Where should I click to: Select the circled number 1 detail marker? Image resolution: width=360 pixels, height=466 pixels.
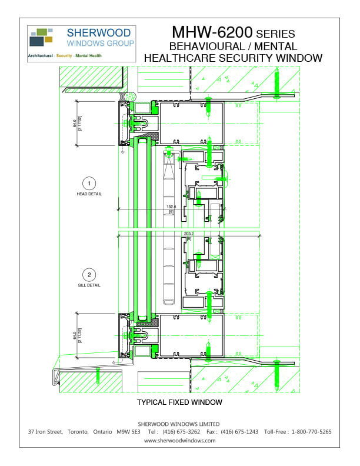click(x=89, y=182)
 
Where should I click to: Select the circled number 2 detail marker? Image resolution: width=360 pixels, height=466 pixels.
click(x=89, y=274)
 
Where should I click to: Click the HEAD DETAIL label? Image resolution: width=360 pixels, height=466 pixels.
click(x=89, y=194)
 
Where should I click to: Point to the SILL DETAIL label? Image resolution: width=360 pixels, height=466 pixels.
click(x=89, y=285)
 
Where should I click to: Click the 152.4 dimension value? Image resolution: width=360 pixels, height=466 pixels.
click(x=172, y=207)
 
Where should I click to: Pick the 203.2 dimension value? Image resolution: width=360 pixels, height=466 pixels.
click(x=188, y=233)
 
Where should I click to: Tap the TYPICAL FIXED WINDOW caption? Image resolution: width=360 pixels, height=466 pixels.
click(x=179, y=402)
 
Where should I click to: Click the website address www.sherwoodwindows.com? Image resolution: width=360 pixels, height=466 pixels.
click(x=179, y=440)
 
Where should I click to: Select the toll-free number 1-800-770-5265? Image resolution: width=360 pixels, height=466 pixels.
click(x=312, y=432)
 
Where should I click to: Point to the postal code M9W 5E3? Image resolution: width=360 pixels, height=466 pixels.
click(x=128, y=432)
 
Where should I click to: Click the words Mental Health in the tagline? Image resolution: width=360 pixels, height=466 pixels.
click(x=88, y=55)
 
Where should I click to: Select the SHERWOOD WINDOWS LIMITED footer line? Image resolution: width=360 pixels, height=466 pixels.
click(x=179, y=424)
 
